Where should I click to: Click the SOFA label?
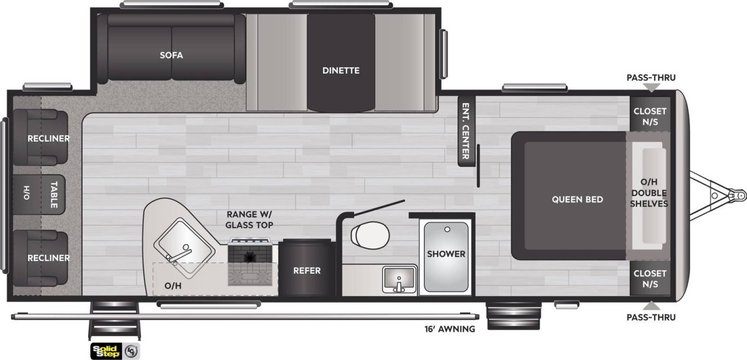pos(171,55)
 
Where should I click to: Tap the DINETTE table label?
pos(341,71)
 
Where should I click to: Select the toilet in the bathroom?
pos(370,236)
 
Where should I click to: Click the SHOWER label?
pos(446,254)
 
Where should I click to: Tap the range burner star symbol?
pos(249,257)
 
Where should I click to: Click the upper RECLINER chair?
pos(40,137)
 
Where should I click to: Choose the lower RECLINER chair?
pos(40,258)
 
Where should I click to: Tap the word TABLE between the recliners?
pos(54,195)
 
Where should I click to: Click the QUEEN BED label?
pos(577,200)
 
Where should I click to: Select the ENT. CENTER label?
pos(466,131)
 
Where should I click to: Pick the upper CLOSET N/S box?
pos(650,114)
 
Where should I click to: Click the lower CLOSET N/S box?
pos(650,278)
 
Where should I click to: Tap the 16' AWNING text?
pos(450,329)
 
